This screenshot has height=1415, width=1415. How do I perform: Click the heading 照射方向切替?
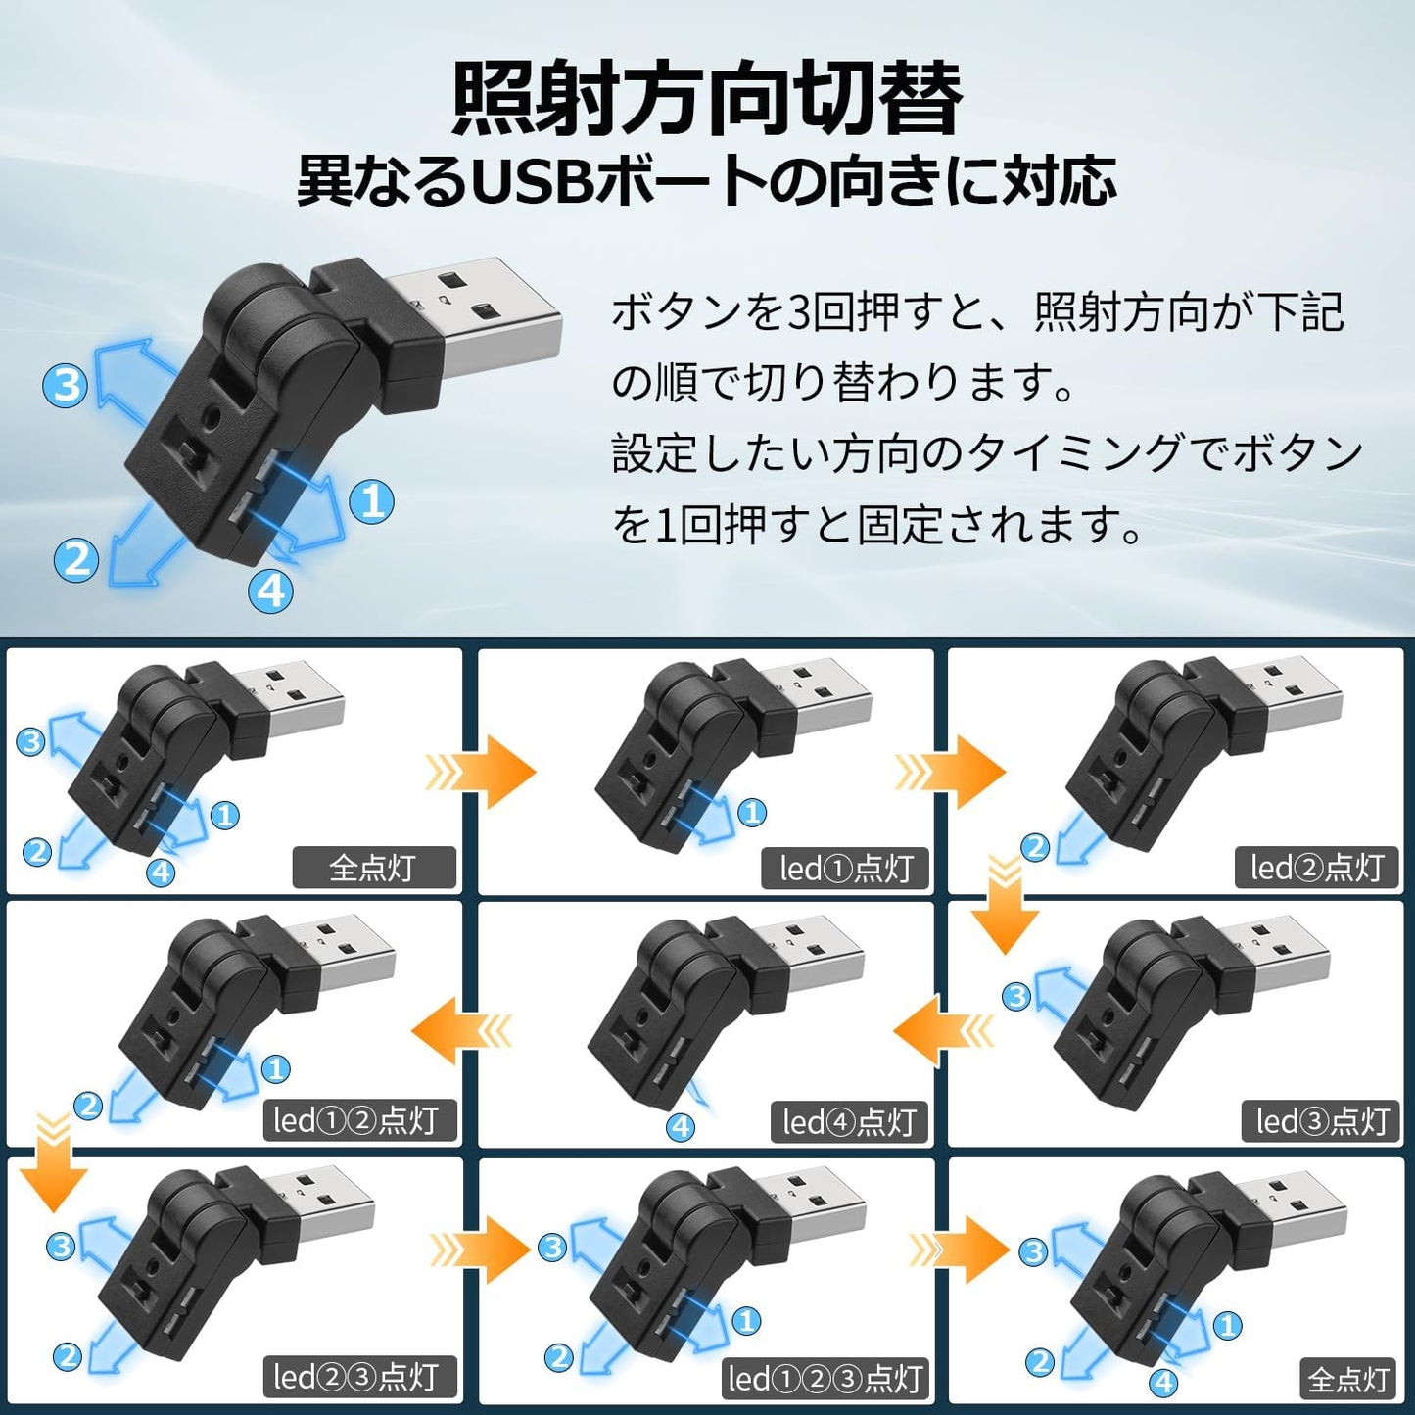707,98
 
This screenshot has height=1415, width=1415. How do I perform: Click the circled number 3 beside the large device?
66,385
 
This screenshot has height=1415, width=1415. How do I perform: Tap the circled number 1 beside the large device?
372,500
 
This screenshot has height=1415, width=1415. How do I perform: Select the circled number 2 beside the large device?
75,559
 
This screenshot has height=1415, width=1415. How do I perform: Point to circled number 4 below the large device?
271,590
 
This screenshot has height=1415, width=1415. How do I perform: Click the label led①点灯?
846,869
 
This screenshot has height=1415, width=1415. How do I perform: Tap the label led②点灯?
1316,868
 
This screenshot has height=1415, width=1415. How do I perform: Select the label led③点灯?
1322,1121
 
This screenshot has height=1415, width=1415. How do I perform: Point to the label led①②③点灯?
825,1379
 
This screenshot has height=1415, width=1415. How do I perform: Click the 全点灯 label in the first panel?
373,868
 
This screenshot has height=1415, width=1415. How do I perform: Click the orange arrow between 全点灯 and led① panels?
482,772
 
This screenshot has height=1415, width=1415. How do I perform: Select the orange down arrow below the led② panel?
1005,906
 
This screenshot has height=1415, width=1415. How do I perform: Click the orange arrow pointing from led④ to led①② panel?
460,1030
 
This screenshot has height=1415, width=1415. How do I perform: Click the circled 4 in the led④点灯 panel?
681,1127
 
